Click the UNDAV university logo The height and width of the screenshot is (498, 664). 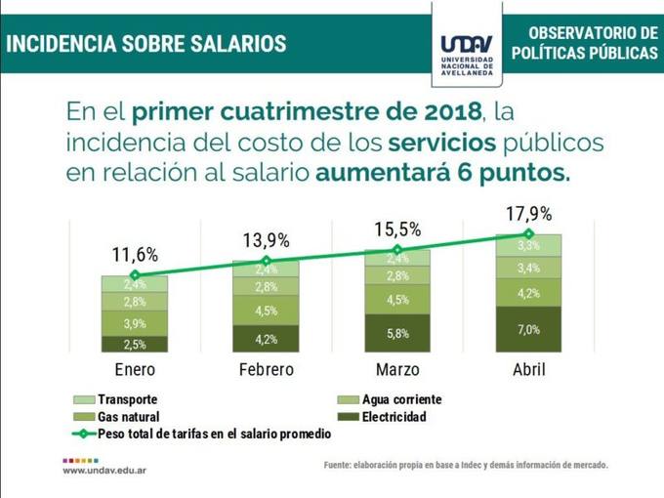467,49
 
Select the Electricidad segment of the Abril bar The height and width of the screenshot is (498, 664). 528,330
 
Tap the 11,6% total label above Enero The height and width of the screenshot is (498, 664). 135,256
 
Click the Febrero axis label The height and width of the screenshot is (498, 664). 266,370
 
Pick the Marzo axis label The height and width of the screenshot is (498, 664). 397,370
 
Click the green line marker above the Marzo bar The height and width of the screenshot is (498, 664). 397,250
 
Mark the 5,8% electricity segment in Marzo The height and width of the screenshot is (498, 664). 397,333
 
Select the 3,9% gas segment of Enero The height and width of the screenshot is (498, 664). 135,323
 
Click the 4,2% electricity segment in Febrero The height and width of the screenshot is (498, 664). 266,339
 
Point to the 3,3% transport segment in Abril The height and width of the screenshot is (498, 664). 528,245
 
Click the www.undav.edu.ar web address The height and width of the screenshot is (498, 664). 104,470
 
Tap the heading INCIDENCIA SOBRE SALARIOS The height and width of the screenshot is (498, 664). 146,44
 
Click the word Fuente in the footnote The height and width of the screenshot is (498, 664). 341,465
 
